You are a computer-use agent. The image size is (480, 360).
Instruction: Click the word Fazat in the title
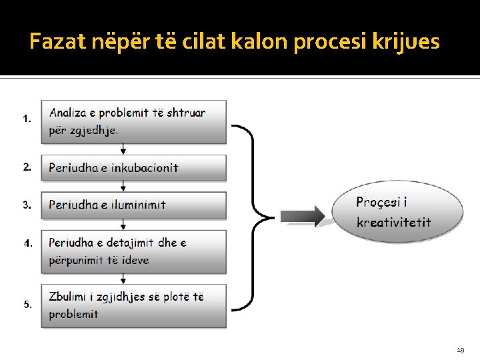pyautogui.click(x=57, y=42)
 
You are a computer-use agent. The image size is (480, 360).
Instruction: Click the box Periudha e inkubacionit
pyautogui.click(x=133, y=168)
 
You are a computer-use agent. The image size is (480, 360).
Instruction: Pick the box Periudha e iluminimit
pyautogui.click(x=133, y=205)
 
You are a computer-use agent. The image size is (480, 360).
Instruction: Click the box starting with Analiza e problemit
pyautogui.click(x=133, y=121)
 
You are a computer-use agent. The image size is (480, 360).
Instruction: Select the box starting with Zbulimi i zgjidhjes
pyautogui.click(x=133, y=305)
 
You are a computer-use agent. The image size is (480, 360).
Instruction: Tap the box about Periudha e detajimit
pyautogui.click(x=133, y=251)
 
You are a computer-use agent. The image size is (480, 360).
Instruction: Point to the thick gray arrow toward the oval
pyautogui.click(x=302, y=216)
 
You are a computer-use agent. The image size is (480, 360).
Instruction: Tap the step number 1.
pyautogui.click(x=27, y=119)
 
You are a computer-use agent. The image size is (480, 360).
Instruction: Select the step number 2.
pyautogui.click(x=27, y=167)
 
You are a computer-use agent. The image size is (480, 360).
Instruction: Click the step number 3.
pyautogui.click(x=27, y=205)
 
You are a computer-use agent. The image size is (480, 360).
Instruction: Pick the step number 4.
pyautogui.click(x=27, y=243)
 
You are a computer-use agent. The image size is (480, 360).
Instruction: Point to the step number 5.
pyautogui.click(x=27, y=304)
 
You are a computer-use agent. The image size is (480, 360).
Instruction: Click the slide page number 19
pyautogui.click(x=460, y=349)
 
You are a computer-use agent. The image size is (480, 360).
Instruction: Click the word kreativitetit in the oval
pyautogui.click(x=393, y=222)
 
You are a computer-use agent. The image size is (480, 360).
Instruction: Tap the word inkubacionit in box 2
pyautogui.click(x=145, y=168)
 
